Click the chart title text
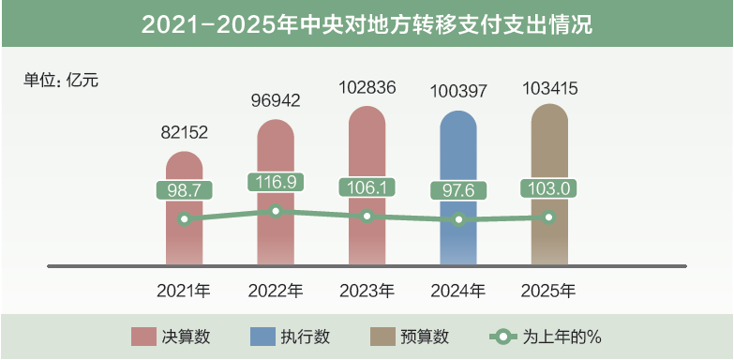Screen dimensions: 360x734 pyautogui.click(x=367, y=23)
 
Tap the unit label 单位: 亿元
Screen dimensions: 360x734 pyautogui.click(x=61, y=80)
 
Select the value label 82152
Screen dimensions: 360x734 pyautogui.click(x=183, y=133)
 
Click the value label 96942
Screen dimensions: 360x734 pyautogui.click(x=276, y=100)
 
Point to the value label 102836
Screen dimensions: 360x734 pyautogui.click(x=367, y=88)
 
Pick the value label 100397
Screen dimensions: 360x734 pyautogui.click(x=458, y=92)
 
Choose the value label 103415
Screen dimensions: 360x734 pyautogui.click(x=549, y=88)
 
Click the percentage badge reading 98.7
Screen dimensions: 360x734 pyautogui.click(x=184, y=190)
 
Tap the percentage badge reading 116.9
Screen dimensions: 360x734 pyautogui.click(x=276, y=182)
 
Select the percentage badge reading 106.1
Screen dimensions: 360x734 pyautogui.click(x=367, y=187)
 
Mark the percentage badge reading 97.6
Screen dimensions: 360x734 pyautogui.click(x=458, y=190)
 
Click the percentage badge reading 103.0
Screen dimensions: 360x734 pyautogui.click(x=549, y=187)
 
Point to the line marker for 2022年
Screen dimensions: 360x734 pyautogui.click(x=276, y=211)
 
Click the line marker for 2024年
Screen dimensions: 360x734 pyautogui.click(x=458, y=219)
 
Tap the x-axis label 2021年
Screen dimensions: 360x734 pyautogui.click(x=184, y=291)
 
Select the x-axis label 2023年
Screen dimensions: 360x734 pyautogui.click(x=367, y=291)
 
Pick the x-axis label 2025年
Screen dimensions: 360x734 pyautogui.click(x=549, y=291)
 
